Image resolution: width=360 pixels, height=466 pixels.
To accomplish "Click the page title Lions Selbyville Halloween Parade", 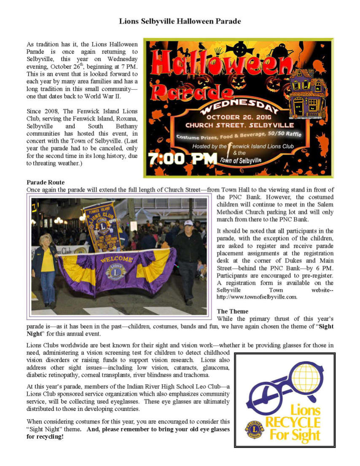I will point(180,21).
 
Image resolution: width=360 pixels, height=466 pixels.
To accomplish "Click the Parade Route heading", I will point(46,182).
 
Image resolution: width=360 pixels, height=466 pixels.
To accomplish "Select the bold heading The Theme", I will point(232,311).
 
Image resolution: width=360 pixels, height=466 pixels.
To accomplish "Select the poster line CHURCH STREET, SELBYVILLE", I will point(240,126).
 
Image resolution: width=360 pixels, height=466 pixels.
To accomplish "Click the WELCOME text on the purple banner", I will point(116,259).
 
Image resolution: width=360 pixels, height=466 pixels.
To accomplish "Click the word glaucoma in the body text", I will point(218,367).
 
